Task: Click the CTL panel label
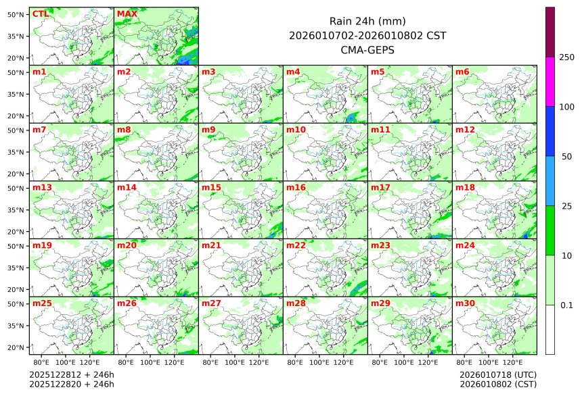tap(40, 14)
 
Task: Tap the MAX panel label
tap(125, 14)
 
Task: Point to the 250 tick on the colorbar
tap(566, 57)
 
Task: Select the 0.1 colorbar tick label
tap(566, 305)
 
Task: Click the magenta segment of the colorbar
tap(550, 81)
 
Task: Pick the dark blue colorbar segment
tap(550, 131)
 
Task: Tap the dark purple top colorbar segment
tap(550, 32)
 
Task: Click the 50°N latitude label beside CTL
tap(16, 14)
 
